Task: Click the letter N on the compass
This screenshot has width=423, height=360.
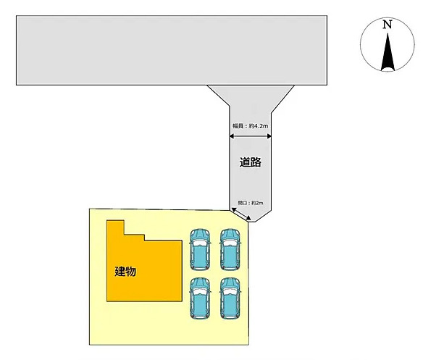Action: point(388,25)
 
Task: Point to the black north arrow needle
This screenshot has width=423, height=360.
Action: point(388,52)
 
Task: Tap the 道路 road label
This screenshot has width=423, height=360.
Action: point(251,162)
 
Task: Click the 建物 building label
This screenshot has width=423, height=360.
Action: point(125,271)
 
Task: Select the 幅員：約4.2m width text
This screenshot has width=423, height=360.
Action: point(251,126)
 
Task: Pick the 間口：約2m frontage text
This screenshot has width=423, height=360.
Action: point(251,203)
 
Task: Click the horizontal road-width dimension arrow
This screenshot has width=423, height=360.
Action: point(251,136)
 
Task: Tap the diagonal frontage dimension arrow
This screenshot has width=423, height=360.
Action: point(241,214)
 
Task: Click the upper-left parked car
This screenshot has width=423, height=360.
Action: point(200,250)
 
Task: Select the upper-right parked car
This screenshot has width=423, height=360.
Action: point(230,250)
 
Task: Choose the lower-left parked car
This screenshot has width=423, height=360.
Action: point(200,298)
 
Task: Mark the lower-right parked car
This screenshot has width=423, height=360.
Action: point(230,298)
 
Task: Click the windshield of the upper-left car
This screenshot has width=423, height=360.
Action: point(200,242)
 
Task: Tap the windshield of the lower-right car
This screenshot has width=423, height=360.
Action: point(230,290)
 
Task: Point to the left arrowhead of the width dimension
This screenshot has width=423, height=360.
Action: point(232,136)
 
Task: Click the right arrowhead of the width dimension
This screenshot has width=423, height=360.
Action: point(269,136)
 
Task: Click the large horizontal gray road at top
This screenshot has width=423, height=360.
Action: point(172,50)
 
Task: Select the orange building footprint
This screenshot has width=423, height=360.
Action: point(144,270)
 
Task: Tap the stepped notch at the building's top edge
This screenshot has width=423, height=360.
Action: point(134,234)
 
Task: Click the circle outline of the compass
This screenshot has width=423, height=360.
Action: point(361,44)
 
